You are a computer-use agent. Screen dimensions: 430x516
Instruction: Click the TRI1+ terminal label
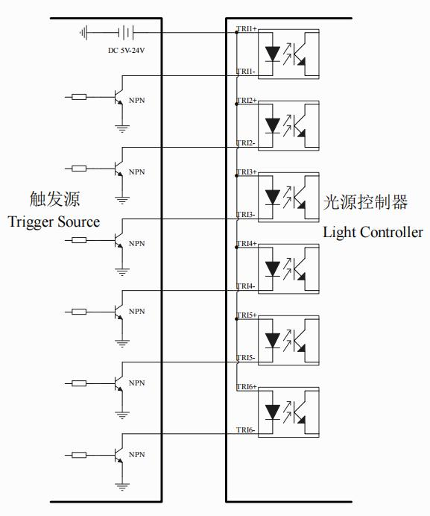[x=247, y=28]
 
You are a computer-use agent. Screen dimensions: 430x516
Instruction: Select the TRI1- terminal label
[x=246, y=72]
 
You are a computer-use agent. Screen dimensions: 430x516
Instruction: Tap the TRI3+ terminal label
[x=247, y=172]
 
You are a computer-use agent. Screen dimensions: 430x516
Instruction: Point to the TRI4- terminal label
[x=246, y=286]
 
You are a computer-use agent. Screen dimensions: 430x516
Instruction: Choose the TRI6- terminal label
[x=246, y=430]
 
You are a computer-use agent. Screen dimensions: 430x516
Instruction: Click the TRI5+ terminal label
[x=247, y=315]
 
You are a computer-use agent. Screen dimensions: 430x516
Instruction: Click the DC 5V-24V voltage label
[x=127, y=51]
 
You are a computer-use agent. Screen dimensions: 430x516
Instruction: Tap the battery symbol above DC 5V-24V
[x=126, y=33]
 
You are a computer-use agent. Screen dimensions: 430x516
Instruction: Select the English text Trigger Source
[x=54, y=222]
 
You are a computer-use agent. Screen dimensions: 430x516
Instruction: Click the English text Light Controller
[x=373, y=233]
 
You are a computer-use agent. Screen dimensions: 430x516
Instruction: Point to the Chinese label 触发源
[x=54, y=199]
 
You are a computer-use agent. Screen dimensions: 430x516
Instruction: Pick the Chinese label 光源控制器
[x=365, y=202]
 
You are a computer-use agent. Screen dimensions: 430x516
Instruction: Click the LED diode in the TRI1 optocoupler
[x=273, y=54]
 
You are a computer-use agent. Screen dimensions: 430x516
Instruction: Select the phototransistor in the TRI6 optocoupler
[x=298, y=412]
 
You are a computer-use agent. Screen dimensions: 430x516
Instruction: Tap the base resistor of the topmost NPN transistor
[x=79, y=97]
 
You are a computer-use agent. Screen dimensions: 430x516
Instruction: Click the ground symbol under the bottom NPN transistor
[x=122, y=486]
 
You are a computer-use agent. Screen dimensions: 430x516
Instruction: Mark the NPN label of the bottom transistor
[x=137, y=454]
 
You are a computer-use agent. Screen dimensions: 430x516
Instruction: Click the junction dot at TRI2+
[x=236, y=104]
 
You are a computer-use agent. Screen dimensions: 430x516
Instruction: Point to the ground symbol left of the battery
[x=83, y=33]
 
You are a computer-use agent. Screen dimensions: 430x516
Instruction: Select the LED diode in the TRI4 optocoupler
[x=273, y=269]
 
